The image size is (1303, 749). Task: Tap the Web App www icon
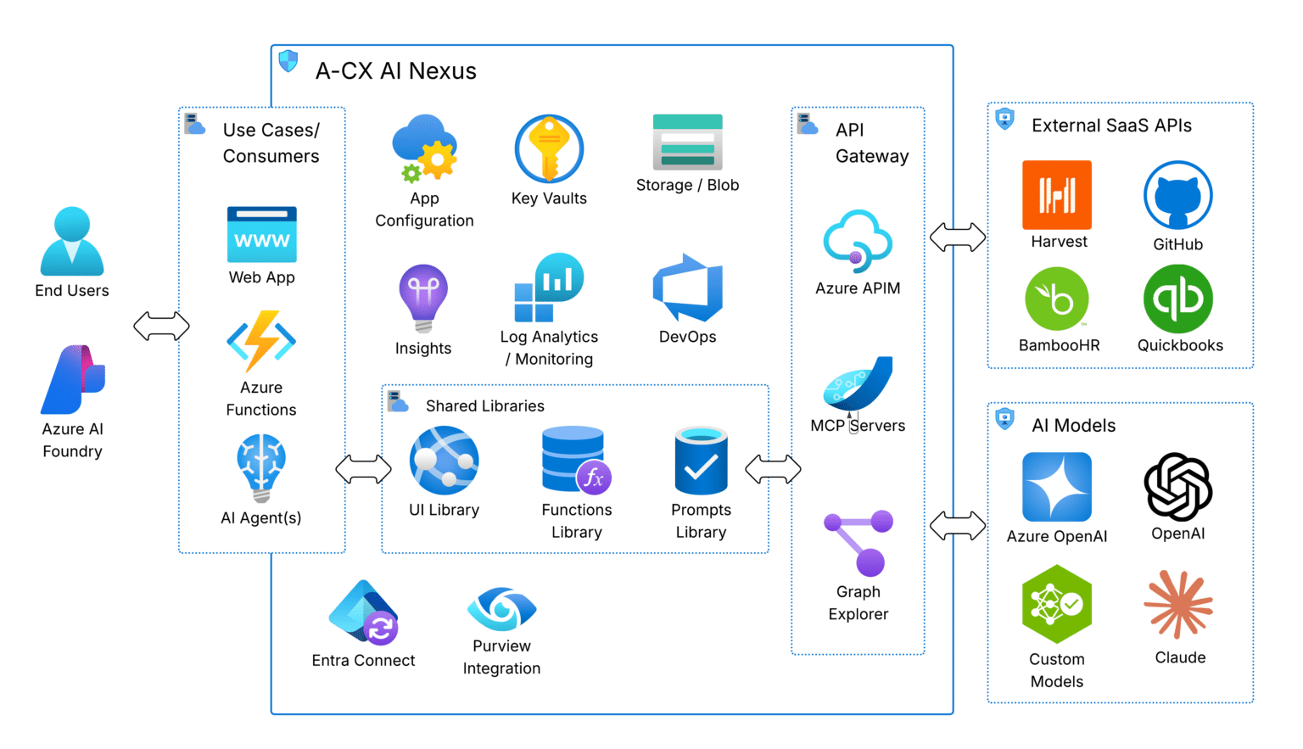click(261, 234)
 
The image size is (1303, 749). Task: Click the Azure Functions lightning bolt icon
click(261, 341)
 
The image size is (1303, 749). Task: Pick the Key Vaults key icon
click(549, 149)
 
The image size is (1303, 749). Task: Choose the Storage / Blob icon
click(687, 142)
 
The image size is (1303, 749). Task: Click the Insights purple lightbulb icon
click(423, 298)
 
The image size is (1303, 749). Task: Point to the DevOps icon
click(687, 288)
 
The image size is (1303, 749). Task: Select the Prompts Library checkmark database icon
click(701, 461)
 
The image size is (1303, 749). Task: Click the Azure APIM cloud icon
click(858, 241)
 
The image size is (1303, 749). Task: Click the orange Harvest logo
click(1057, 195)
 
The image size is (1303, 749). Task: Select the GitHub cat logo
click(1177, 195)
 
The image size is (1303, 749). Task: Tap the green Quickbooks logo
click(1177, 299)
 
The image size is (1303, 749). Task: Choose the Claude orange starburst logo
click(1177, 604)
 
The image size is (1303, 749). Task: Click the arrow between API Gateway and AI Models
click(957, 526)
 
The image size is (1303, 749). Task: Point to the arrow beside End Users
click(161, 326)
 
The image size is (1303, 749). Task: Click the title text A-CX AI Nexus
click(395, 71)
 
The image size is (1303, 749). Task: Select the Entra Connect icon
click(363, 612)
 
